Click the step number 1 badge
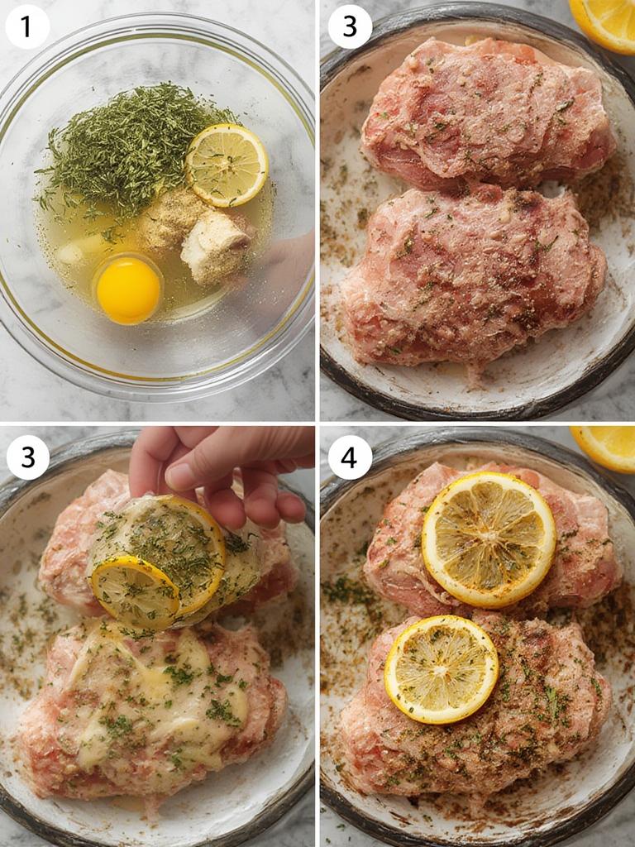26,27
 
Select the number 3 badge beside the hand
27,457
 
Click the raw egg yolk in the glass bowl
128,290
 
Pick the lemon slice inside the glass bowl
227,165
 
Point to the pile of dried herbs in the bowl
124,149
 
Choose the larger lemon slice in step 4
489,539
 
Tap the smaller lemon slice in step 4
442,669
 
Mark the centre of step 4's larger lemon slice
489,539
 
